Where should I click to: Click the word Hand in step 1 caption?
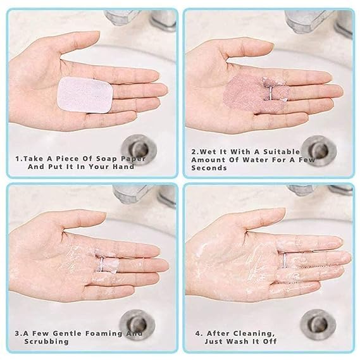pyautogui.click(x=123, y=168)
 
